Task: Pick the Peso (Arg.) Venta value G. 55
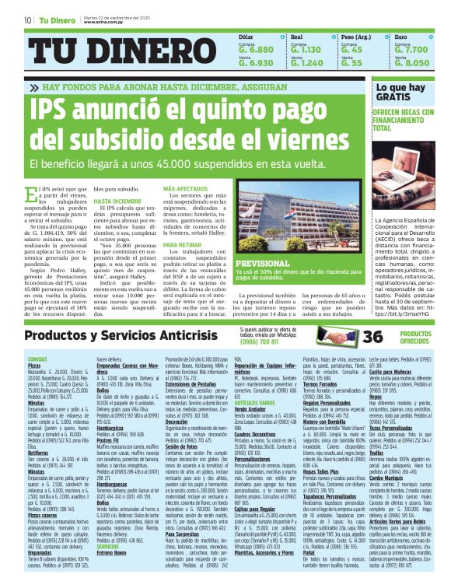pos(351,63)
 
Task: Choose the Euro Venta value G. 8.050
pos(411,63)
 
